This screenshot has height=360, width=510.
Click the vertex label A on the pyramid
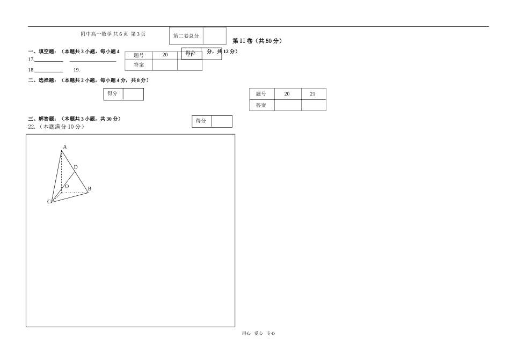coord(65,147)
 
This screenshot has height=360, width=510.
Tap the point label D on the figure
coord(76,167)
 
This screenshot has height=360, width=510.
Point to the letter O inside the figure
coord(67,187)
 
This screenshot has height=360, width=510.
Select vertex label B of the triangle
coord(89,189)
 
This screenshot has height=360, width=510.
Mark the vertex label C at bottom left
coord(49,202)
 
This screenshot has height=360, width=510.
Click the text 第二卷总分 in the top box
coord(186,36)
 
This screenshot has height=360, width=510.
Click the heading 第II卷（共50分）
coord(257,41)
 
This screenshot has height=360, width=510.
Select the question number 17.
coord(31,60)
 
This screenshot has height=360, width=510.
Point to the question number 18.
coord(31,70)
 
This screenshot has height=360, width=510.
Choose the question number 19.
coord(77,70)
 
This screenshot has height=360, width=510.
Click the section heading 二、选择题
coord(42,80)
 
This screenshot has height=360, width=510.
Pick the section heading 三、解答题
coord(42,119)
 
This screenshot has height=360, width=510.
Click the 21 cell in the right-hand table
coord(313,94)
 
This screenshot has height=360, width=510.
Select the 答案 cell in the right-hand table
coord(261,105)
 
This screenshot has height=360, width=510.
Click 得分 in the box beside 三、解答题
coord(201,121)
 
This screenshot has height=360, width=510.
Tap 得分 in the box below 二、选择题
coord(113,94)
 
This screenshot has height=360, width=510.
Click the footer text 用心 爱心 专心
coord(258,333)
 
